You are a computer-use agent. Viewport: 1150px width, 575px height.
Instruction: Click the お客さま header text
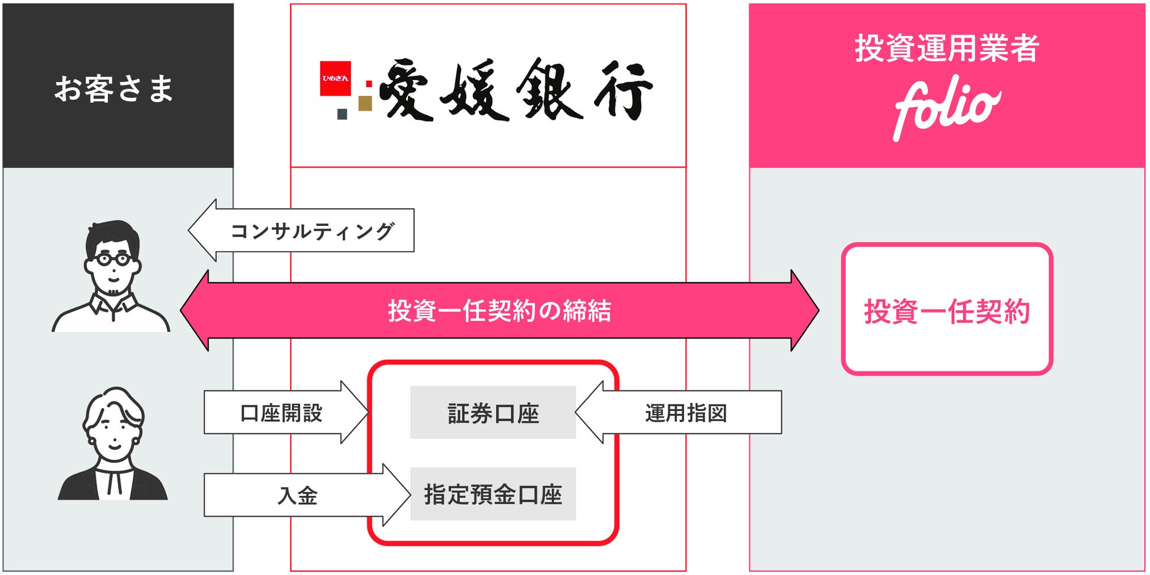click(x=114, y=89)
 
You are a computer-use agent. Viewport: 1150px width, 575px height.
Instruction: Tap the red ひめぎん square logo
click(x=335, y=78)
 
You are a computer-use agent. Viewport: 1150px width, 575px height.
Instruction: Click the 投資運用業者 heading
click(x=947, y=48)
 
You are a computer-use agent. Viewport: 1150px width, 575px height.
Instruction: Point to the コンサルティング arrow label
click(x=311, y=231)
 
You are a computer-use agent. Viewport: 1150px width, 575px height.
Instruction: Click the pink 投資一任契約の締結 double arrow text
click(x=499, y=311)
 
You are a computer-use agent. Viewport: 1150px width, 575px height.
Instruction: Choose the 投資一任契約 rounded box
click(x=947, y=310)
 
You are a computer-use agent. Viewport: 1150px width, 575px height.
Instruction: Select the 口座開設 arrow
click(x=281, y=413)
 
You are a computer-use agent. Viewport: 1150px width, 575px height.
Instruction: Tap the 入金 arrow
click(x=298, y=495)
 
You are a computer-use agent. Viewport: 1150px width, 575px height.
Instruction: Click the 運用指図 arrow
click(x=685, y=413)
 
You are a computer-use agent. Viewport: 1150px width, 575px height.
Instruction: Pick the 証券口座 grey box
click(x=493, y=413)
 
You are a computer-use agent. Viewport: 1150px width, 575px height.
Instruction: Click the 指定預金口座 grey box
click(x=493, y=494)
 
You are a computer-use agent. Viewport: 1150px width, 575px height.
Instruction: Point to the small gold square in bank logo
click(x=365, y=103)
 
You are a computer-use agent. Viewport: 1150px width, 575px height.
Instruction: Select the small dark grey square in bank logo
click(x=342, y=114)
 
